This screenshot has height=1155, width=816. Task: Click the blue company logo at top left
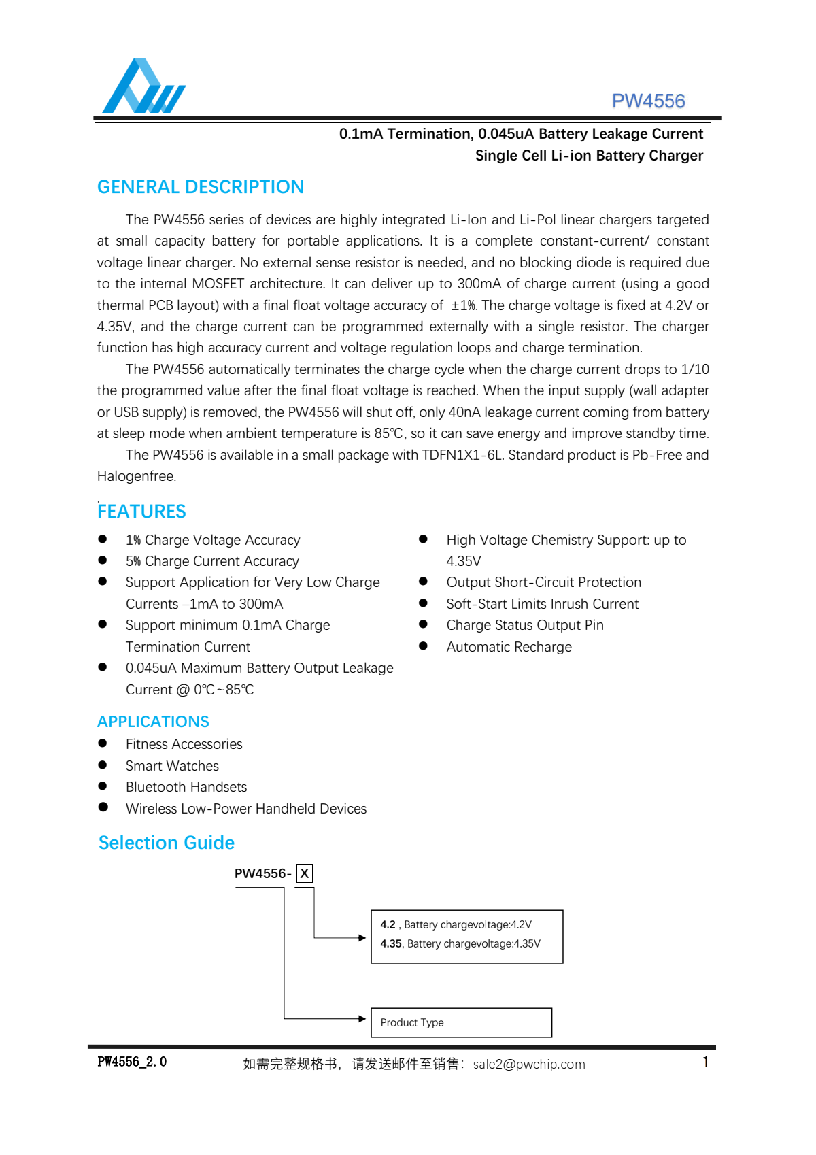[143, 86]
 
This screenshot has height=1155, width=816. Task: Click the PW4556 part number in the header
[648, 101]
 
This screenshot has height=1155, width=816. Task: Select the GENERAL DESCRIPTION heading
[201, 187]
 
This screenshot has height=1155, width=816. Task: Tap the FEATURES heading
[141, 512]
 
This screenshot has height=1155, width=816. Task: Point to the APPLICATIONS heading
[153, 722]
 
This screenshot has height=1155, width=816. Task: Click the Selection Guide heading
[167, 843]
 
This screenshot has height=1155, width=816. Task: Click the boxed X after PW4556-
[305, 874]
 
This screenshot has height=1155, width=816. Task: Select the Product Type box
[461, 1022]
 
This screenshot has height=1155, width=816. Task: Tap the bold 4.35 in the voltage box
[391, 944]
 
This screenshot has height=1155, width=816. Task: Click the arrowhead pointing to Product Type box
[362, 1018]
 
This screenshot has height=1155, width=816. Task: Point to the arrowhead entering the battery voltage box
[362, 938]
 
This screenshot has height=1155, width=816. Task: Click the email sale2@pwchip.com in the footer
[529, 1065]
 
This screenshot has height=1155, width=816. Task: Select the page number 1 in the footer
[705, 1062]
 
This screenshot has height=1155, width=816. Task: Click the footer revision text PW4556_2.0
[132, 1062]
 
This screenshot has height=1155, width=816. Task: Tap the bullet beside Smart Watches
[103, 765]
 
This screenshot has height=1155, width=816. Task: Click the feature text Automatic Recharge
[509, 647]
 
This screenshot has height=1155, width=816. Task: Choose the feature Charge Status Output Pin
[524, 625]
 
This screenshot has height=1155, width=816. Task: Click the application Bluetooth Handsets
[186, 787]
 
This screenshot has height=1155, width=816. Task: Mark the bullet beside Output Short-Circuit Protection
[423, 582]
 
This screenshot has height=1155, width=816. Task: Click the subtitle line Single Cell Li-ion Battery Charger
[589, 156]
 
